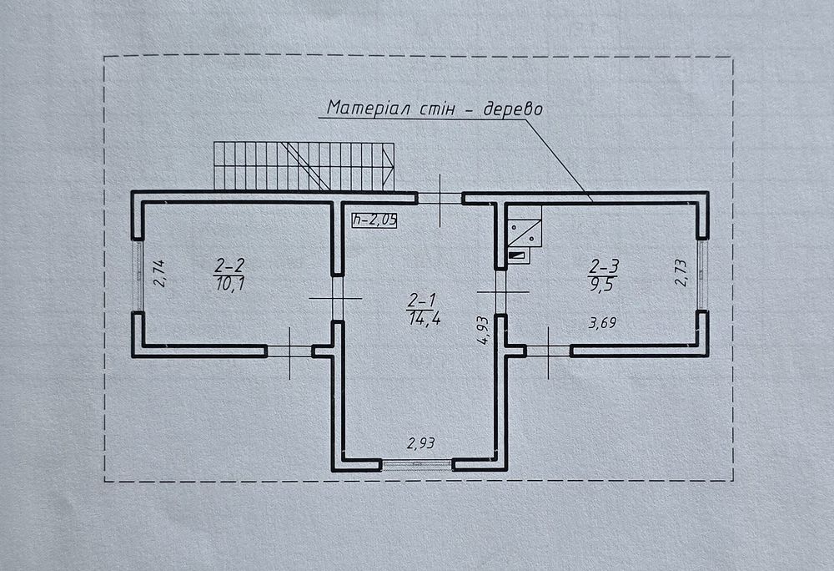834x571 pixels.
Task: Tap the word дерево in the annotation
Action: coord(513,109)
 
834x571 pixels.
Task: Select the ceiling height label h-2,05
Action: coord(374,220)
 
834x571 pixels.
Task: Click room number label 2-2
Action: coord(230,265)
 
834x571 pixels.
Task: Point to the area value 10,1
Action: coord(230,284)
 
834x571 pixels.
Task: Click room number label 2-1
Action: coord(422,301)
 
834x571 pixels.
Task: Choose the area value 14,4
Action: coord(425,319)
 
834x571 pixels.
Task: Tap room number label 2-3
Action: coord(604,265)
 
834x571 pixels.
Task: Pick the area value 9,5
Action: coord(601,285)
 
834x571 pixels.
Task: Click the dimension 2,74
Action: coord(159,274)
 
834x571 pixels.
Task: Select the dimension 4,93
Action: coord(482,331)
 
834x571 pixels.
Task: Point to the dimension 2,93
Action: coord(420,442)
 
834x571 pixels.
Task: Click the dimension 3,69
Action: coord(603,322)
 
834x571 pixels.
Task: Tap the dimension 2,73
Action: coord(681,273)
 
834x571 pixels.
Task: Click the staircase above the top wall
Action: coord(304,166)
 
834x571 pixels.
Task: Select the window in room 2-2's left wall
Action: coord(138,275)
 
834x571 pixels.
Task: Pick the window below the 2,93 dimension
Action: coord(418,465)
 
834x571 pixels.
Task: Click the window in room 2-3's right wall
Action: coord(702,275)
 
